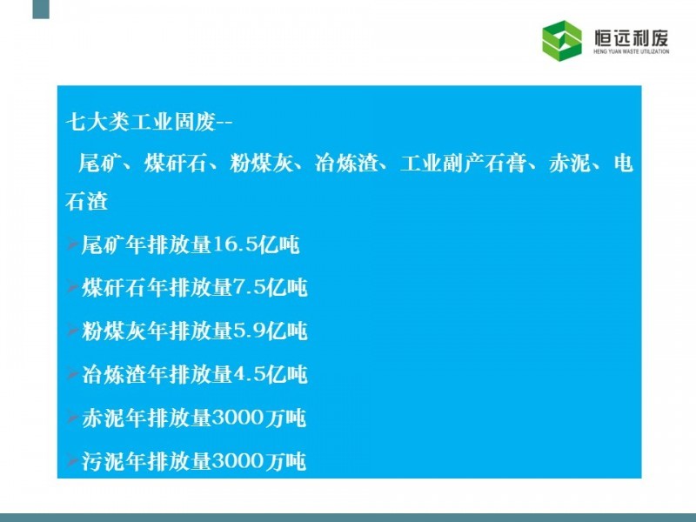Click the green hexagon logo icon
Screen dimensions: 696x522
coord(561,40)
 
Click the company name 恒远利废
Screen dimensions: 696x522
coord(632,37)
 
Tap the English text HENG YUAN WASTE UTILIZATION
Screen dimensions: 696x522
coord(632,51)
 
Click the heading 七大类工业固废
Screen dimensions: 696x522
coord(141,121)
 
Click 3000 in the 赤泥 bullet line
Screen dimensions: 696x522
coord(238,418)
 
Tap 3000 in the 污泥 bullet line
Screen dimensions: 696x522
coord(238,461)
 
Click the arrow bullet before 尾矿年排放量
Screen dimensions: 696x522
coord(72,244)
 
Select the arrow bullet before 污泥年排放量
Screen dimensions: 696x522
coord(72,460)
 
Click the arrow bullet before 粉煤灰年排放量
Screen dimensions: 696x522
coord(72,330)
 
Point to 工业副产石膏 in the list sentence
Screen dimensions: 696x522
coord(463,163)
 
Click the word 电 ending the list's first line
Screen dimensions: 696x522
coord(623,163)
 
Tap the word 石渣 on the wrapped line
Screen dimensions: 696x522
coord(86,201)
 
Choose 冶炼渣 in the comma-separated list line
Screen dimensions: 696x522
coord(346,163)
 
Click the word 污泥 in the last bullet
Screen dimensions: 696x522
coord(103,461)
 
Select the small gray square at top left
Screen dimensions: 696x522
coord(41,9)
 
